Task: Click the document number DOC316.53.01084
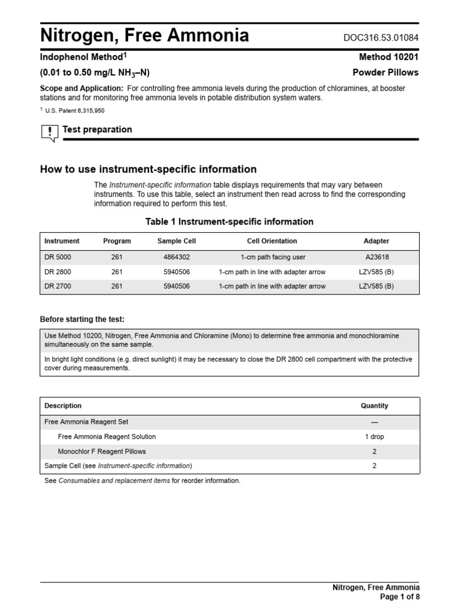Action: click(381, 38)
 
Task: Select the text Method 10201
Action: click(389, 57)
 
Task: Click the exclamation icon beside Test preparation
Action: click(49, 132)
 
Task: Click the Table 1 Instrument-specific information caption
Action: click(229, 221)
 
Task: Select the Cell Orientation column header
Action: click(272, 241)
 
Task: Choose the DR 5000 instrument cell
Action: click(57, 257)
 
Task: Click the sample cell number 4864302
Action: click(176, 257)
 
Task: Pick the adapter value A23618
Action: click(376, 257)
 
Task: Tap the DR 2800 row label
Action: click(57, 272)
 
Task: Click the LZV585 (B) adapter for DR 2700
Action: click(376, 286)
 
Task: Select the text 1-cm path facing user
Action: click(273, 257)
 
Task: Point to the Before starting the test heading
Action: click(82, 318)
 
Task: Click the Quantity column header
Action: click(374, 406)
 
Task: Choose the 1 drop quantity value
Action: click(374, 437)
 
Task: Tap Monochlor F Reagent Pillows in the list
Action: click(101, 451)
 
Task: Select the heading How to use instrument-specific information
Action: click(148, 169)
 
